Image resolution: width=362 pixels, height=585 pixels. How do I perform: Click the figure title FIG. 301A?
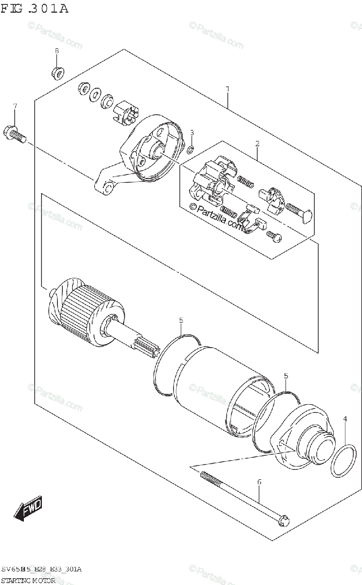[35, 8]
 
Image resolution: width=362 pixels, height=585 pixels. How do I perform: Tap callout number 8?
[57, 51]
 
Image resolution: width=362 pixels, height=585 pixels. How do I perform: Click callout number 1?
[228, 89]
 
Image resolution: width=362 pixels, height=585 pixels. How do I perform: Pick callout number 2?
[257, 143]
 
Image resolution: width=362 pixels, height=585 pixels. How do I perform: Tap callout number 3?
[192, 133]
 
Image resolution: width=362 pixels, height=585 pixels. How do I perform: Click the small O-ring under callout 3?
[191, 148]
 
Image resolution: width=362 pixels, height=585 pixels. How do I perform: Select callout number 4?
[345, 418]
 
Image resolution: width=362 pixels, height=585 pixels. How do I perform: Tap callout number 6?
[259, 482]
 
